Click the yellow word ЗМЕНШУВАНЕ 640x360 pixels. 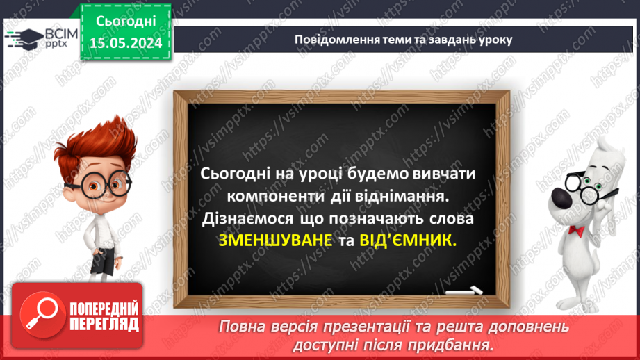point(268,241)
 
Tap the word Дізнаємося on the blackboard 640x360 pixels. point(240,219)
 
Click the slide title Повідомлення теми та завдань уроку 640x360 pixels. point(403,39)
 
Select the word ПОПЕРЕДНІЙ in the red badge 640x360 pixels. point(103,308)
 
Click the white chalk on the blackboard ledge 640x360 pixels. point(464,291)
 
